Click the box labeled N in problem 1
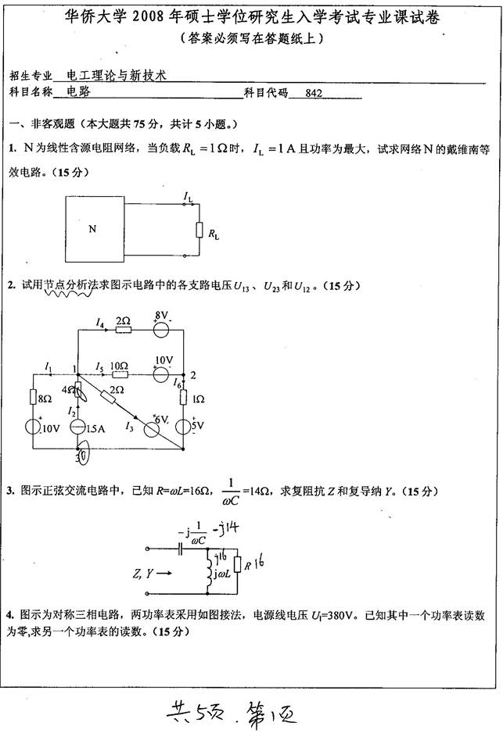92,229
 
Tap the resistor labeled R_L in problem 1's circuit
199,231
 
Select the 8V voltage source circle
161,329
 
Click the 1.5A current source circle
77,427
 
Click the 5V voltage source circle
182,427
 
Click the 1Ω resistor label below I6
198,399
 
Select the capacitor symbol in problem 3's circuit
181,549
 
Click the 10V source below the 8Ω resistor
33,427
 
